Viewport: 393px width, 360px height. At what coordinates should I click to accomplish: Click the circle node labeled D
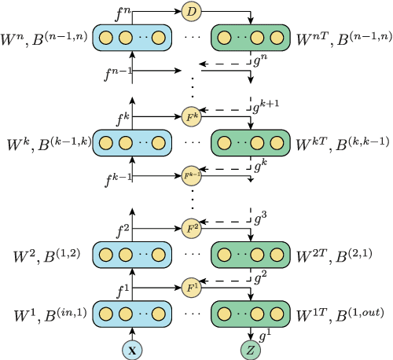click(x=190, y=12)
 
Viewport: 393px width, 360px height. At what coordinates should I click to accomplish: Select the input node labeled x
click(x=133, y=347)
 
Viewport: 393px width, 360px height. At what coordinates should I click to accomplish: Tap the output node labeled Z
click(x=251, y=347)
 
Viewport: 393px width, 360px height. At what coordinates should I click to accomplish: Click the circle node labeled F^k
click(x=191, y=117)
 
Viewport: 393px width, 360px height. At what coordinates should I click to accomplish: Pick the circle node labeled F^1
click(x=191, y=287)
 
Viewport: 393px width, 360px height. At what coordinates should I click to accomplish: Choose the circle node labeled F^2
click(x=191, y=229)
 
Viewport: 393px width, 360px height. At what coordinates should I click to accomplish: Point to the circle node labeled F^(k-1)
click(x=191, y=174)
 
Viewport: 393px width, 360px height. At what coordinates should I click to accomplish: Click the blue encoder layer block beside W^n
click(x=133, y=37)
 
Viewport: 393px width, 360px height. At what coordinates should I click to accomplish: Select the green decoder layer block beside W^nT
click(x=251, y=37)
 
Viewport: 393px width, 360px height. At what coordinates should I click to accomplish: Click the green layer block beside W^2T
click(x=251, y=256)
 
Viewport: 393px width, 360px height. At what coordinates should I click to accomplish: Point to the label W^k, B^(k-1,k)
click(x=48, y=144)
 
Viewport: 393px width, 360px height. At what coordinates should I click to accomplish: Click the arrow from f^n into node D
click(x=157, y=12)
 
